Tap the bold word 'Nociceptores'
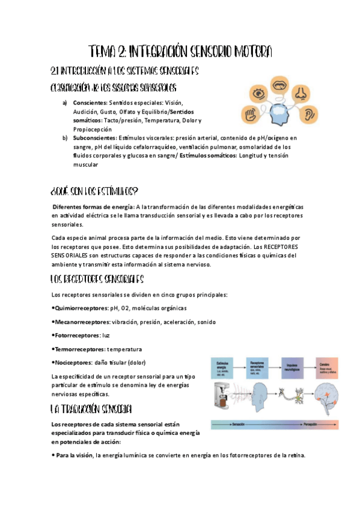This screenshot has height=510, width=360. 72,363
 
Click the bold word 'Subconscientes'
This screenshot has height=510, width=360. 95,138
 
